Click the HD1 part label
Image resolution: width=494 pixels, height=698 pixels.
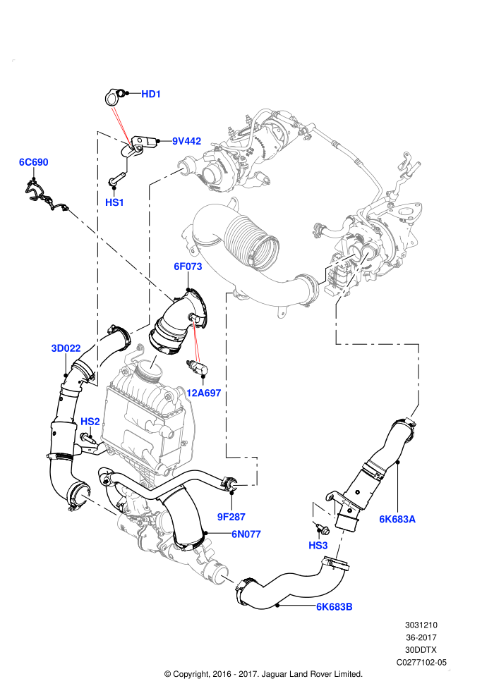tap(150, 94)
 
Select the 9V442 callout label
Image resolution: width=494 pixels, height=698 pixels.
tap(186, 141)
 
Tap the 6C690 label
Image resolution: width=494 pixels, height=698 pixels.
tap(33, 162)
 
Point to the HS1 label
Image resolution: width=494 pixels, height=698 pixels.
tap(114, 202)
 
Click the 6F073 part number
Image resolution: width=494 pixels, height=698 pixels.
tap(188, 267)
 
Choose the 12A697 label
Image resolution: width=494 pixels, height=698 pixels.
tap(203, 393)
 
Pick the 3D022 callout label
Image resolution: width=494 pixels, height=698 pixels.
tap(66, 348)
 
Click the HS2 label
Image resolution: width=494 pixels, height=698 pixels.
tap(90, 422)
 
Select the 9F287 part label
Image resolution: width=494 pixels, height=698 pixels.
tap(231, 517)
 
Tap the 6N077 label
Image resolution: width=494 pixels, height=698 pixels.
tap(246, 534)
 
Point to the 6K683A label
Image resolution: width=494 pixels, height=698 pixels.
tap(397, 519)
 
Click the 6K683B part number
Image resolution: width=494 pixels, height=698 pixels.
tap(334, 607)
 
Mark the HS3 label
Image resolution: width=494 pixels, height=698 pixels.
tap(318, 545)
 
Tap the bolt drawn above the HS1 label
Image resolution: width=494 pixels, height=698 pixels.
tap(117, 180)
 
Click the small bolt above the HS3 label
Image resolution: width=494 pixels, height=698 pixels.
tap(323, 529)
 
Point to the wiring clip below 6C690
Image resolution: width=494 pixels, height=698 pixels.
tap(44, 195)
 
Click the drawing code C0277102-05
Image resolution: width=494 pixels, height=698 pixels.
tap(421, 662)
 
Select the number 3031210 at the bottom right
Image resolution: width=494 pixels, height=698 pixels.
tap(421, 625)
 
